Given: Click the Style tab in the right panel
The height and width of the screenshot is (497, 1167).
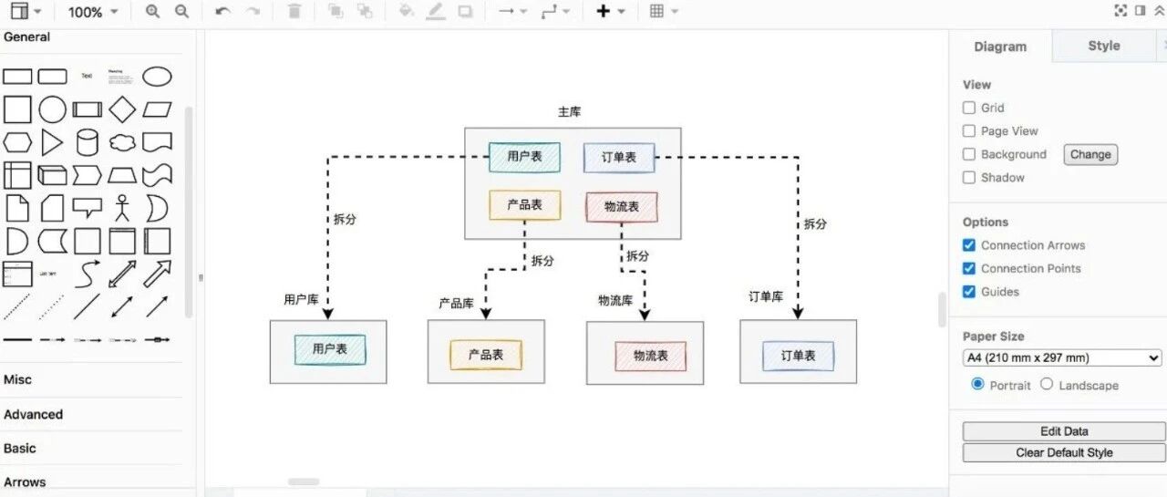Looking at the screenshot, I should [1103, 46].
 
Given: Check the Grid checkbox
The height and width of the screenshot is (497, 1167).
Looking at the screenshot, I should [969, 108].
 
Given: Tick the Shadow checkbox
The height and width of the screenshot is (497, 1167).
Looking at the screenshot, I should [969, 178].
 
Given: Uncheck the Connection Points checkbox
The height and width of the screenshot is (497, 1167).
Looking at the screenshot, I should [969, 268].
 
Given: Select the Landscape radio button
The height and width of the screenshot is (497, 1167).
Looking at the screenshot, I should [1047, 385].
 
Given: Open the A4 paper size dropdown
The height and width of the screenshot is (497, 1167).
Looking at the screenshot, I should [1062, 357].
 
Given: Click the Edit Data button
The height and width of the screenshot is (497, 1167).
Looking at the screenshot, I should [1063, 431].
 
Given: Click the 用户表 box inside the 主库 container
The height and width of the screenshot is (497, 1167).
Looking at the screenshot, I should [524, 157].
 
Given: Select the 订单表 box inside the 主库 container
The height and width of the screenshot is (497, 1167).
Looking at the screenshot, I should [619, 158].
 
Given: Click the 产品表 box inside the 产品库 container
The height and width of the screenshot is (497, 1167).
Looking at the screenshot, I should [486, 355].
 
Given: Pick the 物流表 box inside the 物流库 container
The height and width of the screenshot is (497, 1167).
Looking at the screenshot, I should [650, 356].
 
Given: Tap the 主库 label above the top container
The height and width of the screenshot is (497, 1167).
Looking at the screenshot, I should [569, 111].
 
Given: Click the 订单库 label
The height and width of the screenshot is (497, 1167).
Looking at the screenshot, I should [766, 296].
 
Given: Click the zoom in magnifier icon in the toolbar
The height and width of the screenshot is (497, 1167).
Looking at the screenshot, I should [152, 11].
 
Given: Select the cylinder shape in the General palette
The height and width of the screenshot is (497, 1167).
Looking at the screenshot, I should [87, 142].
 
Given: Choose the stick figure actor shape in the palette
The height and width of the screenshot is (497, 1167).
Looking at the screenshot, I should [122, 208].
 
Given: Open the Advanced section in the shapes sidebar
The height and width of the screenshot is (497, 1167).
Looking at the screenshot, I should [34, 414].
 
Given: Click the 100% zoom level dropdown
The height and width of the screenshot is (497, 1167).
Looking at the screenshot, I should [93, 12].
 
